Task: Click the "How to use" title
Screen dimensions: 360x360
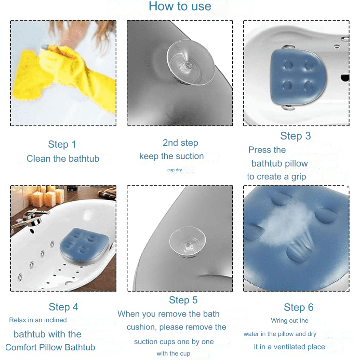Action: coord(180,6)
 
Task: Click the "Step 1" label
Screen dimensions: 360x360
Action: coord(62,144)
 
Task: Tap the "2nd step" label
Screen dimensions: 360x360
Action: coord(180,143)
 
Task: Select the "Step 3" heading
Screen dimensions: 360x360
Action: coord(296,136)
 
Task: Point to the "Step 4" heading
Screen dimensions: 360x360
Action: coord(63,307)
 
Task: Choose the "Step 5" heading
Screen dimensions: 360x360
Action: coord(183,300)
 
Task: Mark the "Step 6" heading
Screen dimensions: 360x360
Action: coord(298,307)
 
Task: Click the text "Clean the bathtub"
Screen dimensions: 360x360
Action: coord(63,159)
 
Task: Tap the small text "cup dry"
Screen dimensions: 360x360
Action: coord(175,170)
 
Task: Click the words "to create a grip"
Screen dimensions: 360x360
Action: coord(276,177)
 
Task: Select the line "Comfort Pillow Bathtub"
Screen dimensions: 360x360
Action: coord(50,347)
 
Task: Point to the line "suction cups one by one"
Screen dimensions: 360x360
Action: coord(174,342)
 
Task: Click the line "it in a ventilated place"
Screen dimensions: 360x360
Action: coord(289,347)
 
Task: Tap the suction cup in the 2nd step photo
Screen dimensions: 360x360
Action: coord(190,62)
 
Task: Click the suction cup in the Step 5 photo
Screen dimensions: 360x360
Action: coord(188,242)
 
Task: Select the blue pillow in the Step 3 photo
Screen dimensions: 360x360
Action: coord(298,77)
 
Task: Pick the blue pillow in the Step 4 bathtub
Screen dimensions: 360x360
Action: coord(84,246)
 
